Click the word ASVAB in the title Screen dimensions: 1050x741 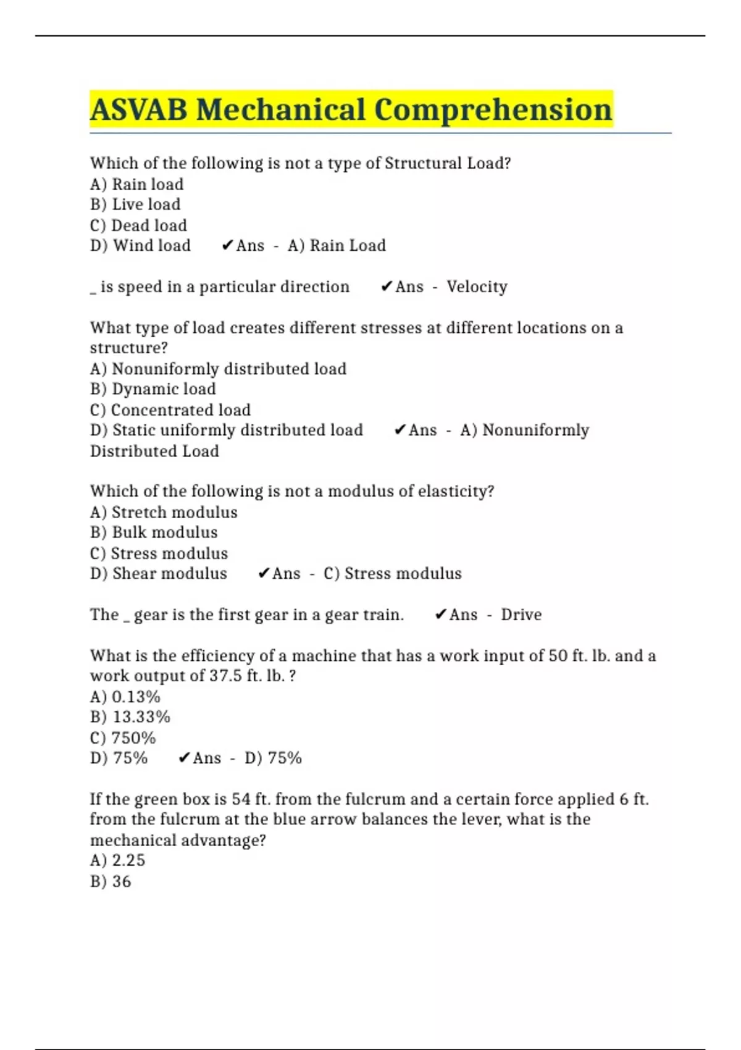139,110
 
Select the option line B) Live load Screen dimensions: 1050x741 135,204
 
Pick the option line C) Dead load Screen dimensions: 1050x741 138,225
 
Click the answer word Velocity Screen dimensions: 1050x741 477,287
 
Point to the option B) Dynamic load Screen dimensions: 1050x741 153,389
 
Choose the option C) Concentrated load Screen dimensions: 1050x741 170,410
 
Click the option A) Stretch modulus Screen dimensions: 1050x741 164,512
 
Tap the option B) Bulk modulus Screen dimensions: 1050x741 154,532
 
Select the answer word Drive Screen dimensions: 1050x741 521,615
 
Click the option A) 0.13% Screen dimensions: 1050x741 125,697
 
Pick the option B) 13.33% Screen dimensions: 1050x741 130,717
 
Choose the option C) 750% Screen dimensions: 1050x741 123,738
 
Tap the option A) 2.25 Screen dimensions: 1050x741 118,860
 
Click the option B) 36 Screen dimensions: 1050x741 111,881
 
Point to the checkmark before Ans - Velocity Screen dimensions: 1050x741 387,287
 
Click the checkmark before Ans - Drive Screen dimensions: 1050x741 441,615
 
